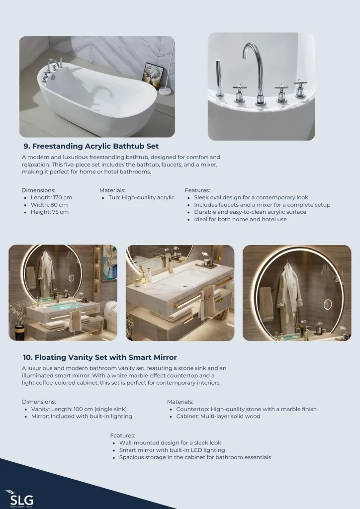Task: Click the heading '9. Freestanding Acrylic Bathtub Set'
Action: (x=91, y=146)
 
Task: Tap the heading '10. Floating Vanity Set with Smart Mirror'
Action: (x=99, y=357)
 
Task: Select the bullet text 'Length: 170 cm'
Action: (x=51, y=197)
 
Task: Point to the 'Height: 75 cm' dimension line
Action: (x=50, y=212)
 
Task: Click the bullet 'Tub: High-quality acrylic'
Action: (x=142, y=197)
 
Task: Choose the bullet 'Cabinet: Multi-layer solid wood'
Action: (x=218, y=416)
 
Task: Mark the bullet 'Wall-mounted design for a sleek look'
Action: (x=170, y=443)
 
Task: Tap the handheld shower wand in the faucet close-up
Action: (x=219, y=78)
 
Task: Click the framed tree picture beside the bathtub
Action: (x=153, y=76)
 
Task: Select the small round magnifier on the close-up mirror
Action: (x=328, y=304)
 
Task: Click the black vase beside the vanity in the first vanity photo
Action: (x=19, y=332)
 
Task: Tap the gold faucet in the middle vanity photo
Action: (x=171, y=263)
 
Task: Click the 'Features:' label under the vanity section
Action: (x=122, y=435)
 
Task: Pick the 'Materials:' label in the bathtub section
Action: (x=112, y=190)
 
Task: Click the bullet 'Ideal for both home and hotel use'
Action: (x=240, y=219)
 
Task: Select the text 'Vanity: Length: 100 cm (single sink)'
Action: (x=79, y=409)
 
